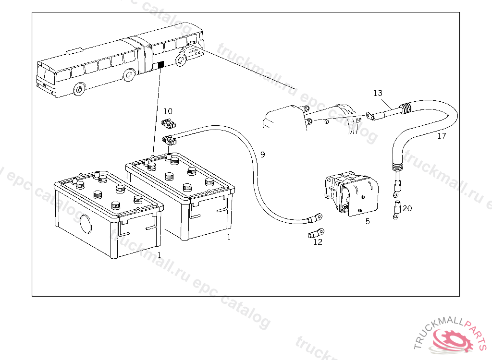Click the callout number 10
(168, 111)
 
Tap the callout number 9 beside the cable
(263, 155)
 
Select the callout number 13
(378, 93)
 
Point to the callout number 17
(442, 136)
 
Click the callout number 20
(407, 208)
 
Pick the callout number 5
(368, 221)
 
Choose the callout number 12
(318, 242)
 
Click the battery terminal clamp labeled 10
(169, 123)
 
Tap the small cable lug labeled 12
(316, 233)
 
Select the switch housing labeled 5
(351, 193)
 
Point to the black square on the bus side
(160, 65)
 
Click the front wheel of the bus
(79, 89)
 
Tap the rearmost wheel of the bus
(181, 60)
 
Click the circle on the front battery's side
(86, 224)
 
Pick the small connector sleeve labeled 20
(397, 209)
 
